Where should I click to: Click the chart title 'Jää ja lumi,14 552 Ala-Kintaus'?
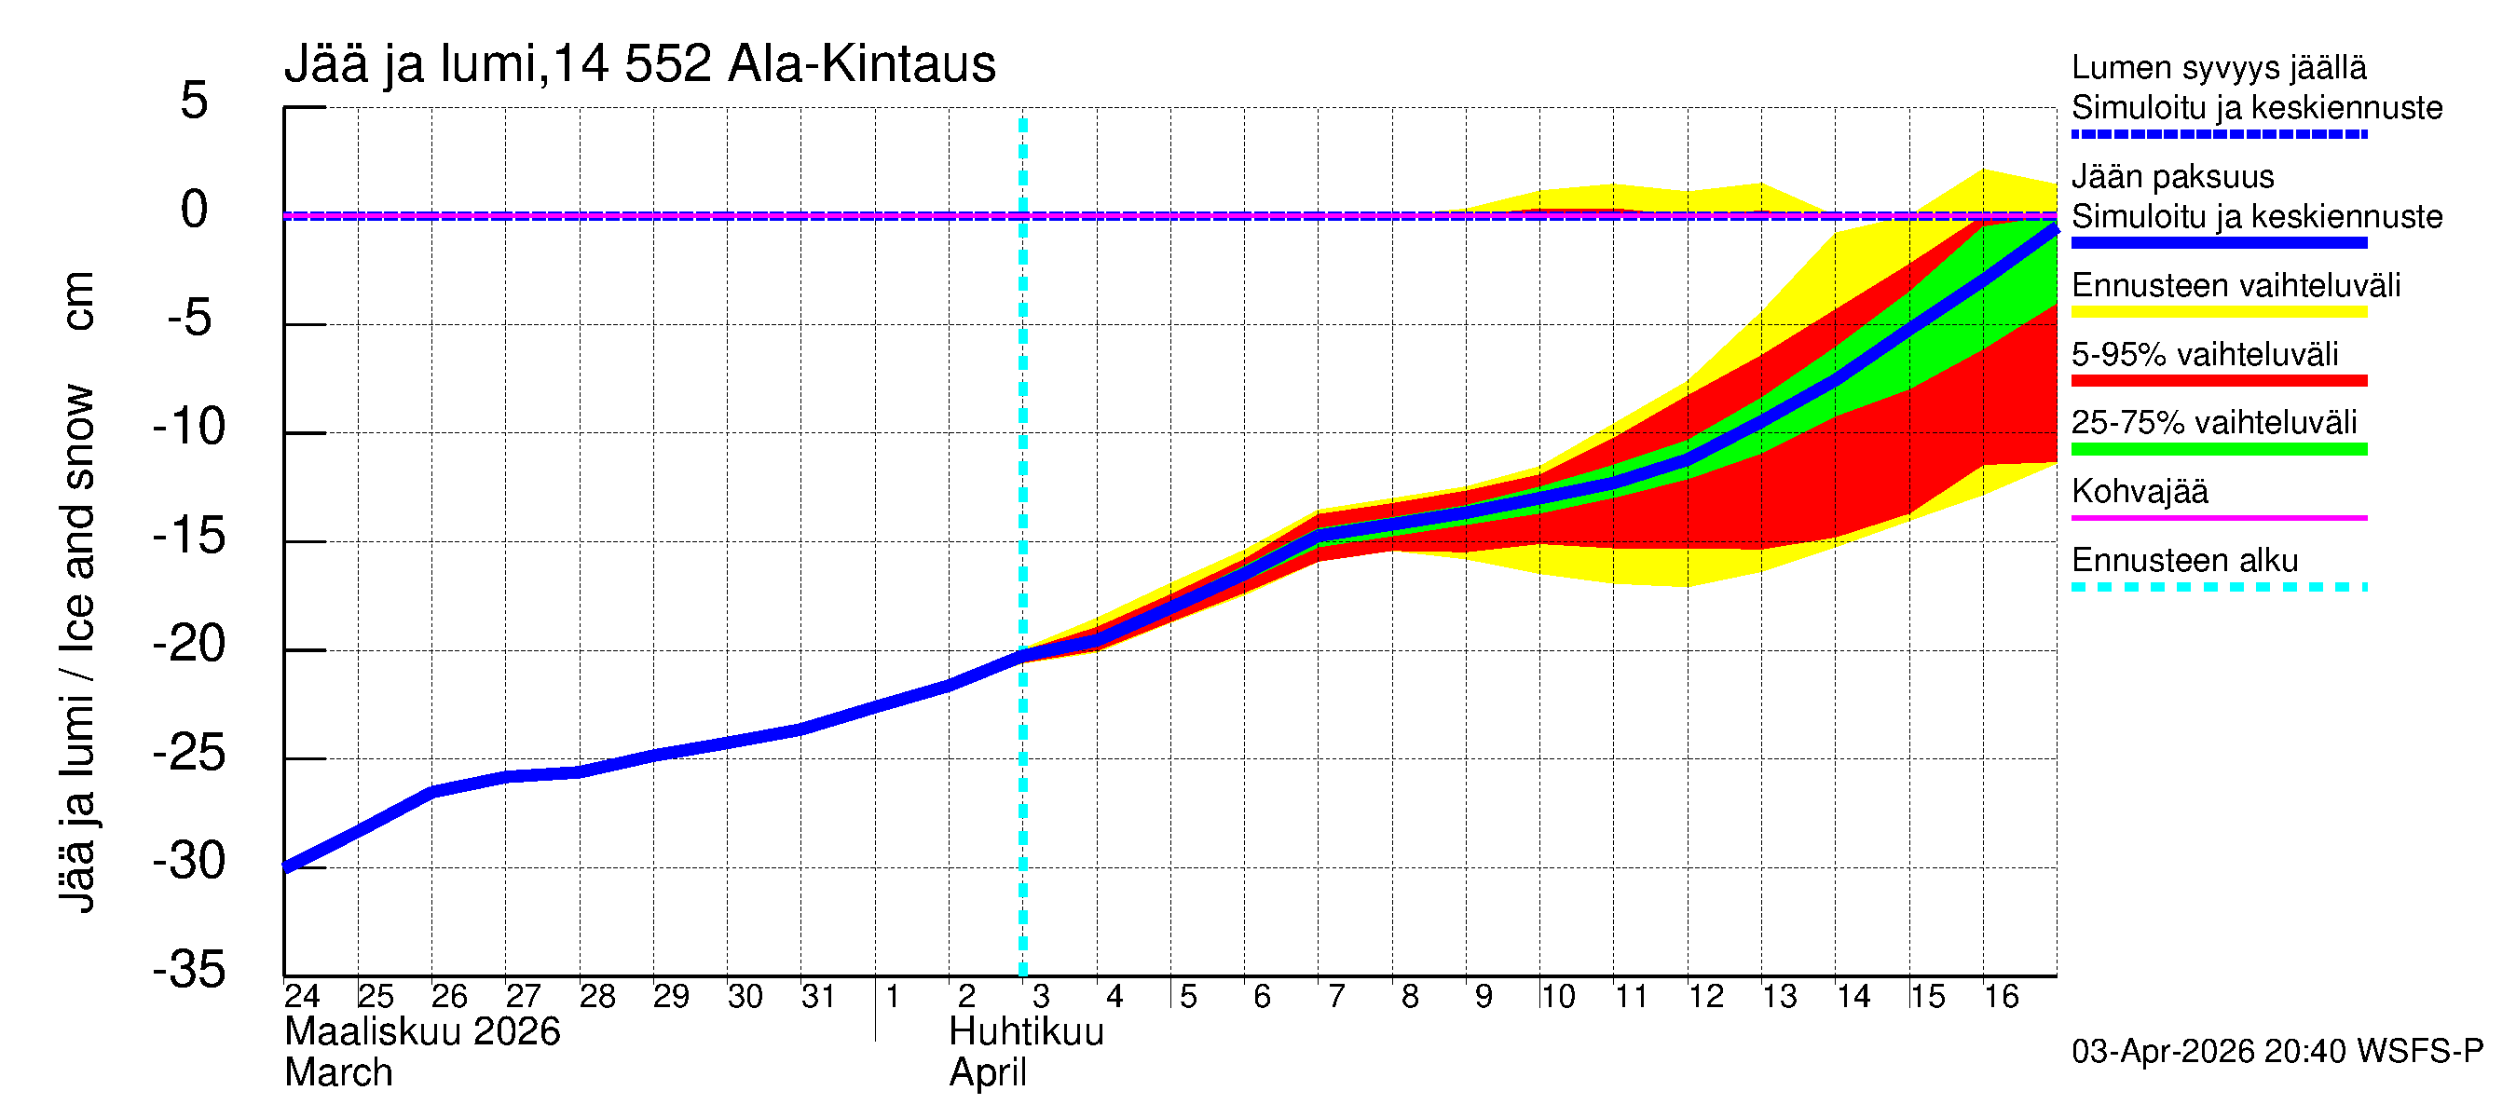click(x=640, y=64)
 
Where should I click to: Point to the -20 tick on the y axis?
click(x=189, y=645)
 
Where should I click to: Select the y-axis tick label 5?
click(x=195, y=102)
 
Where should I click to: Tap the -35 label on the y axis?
click(x=189, y=971)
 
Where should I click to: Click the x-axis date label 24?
click(x=302, y=997)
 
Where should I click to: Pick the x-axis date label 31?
click(x=818, y=997)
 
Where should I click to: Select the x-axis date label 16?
click(x=2002, y=997)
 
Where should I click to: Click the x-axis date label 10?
click(x=1557, y=997)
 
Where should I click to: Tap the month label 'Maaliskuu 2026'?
click(x=422, y=1032)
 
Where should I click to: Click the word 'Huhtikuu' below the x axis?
click(x=1026, y=1032)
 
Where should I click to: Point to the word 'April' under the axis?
click(x=988, y=1073)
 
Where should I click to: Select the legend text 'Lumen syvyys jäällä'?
click(x=2218, y=67)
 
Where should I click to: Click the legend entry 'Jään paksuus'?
click(x=2172, y=177)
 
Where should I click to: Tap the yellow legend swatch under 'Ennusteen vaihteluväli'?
click(x=2218, y=312)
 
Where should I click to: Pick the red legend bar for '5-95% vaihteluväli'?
click(x=2218, y=381)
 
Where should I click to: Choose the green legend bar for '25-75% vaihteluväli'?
click(x=2218, y=449)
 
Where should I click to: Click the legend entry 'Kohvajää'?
click(x=2139, y=491)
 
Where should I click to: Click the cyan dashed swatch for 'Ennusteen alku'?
click(x=2218, y=587)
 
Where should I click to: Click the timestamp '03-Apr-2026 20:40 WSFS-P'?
click(x=2277, y=1052)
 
